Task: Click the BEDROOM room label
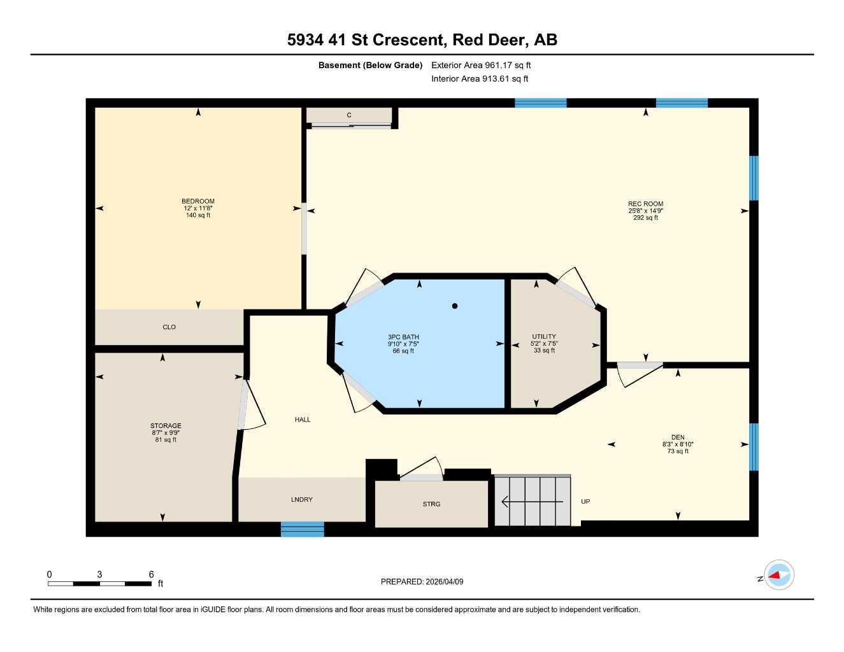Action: point(198,202)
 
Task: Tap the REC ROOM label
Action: point(645,204)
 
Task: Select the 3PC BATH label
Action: point(403,337)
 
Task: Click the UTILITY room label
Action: point(544,337)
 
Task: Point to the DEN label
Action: point(678,437)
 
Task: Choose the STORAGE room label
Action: point(166,426)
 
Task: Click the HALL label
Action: point(303,420)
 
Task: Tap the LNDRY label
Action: point(302,500)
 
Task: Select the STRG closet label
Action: point(431,504)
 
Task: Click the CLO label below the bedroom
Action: point(169,327)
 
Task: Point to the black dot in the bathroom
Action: point(455,306)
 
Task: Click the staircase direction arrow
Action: point(533,502)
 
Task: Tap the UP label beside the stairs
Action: point(585,502)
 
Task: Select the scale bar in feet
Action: point(100,583)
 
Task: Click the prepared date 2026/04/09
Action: point(422,581)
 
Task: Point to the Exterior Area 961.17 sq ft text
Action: point(481,65)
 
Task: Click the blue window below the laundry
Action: point(303,529)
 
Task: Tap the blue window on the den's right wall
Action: point(754,447)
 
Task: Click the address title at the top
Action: point(422,39)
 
